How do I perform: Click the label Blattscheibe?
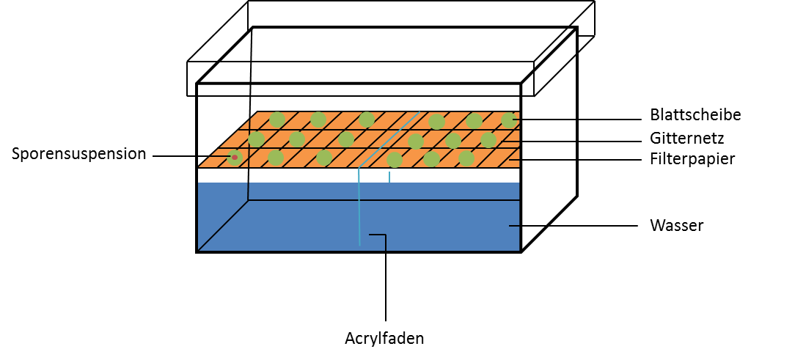[x=695, y=115]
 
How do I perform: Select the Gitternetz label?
[x=686, y=138]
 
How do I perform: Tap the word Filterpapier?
[x=692, y=158]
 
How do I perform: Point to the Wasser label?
[x=676, y=225]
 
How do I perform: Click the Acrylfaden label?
[x=384, y=339]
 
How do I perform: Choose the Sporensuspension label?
[x=78, y=154]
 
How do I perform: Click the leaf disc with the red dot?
[x=235, y=157]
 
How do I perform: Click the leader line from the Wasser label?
[x=572, y=225]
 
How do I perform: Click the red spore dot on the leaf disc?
[x=235, y=157]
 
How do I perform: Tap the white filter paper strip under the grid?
[x=293, y=169]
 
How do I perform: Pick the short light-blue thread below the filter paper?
[x=389, y=177]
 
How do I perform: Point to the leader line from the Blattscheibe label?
[x=579, y=119]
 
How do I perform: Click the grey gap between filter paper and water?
[x=293, y=177]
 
